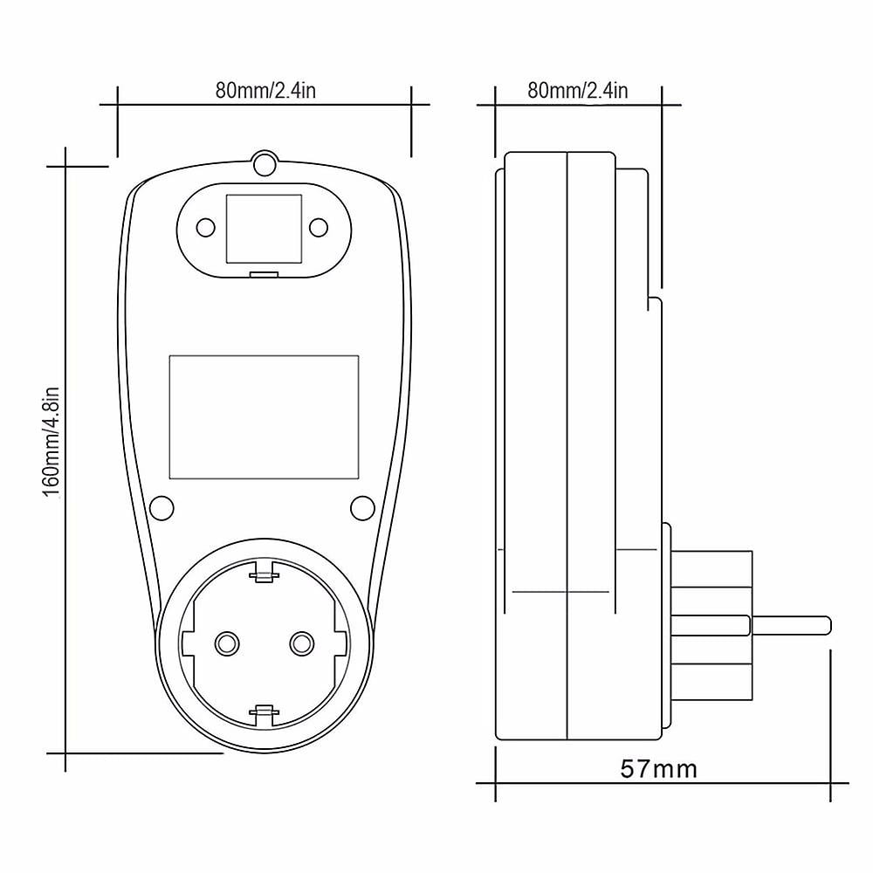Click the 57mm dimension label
point(659,769)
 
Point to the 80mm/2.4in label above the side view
point(578,90)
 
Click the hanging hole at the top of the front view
point(264,162)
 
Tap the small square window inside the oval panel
point(264,227)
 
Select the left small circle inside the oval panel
point(205,228)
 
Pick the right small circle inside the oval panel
point(319,228)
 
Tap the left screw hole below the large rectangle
point(162,507)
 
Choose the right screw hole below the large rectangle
point(361,507)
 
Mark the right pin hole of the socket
point(302,643)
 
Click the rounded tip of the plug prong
point(824,626)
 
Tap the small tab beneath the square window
point(264,275)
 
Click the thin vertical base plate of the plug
point(666,624)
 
